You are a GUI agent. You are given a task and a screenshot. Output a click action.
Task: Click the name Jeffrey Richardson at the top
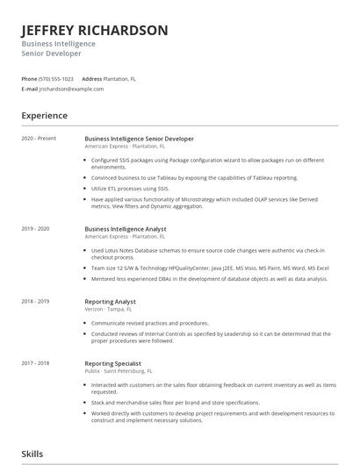pyautogui.click(x=95, y=31)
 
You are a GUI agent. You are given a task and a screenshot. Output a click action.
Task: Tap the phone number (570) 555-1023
pyautogui.click(x=56, y=79)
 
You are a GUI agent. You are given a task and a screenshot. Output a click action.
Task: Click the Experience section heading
pyautogui.click(x=45, y=115)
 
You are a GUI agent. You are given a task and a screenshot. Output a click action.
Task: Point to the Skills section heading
pyautogui.click(x=33, y=454)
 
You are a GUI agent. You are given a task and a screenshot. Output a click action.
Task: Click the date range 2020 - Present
pyautogui.click(x=38, y=139)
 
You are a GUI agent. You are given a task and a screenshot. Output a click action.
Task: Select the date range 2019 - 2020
pyautogui.click(x=36, y=229)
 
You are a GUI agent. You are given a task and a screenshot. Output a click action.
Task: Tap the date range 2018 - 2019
pyautogui.click(x=36, y=302)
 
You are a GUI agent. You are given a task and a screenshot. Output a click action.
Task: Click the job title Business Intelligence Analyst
pyautogui.click(x=126, y=229)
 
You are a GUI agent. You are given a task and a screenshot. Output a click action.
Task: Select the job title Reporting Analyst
pyautogui.click(x=110, y=302)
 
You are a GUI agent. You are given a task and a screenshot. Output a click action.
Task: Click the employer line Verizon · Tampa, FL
pyautogui.click(x=108, y=309)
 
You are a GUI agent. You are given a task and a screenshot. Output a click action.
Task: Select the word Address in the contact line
pyautogui.click(x=91, y=79)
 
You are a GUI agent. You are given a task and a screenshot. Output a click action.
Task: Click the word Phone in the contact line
pyautogui.click(x=29, y=79)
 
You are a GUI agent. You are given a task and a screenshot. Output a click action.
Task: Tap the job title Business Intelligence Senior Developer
pyautogui.click(x=139, y=139)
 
